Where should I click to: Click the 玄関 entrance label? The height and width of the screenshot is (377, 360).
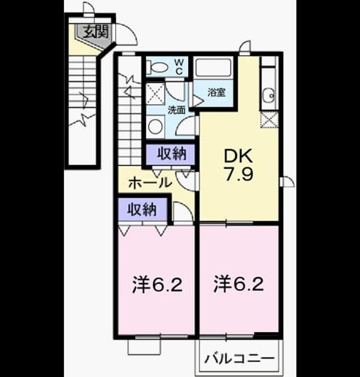click(96, 32)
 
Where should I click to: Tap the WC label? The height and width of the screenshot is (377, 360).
click(179, 66)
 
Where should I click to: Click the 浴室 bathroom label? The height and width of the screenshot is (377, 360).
click(217, 92)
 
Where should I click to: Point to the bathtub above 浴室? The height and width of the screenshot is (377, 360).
click(213, 68)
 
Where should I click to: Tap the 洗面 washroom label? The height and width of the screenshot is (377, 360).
click(176, 110)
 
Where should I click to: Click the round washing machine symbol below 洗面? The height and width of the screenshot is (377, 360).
click(156, 126)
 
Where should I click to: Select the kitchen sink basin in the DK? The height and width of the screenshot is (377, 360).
click(269, 95)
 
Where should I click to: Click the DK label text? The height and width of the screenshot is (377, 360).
click(238, 156)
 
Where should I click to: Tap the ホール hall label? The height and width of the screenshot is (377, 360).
click(150, 183)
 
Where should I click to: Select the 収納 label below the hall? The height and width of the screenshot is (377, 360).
click(142, 209)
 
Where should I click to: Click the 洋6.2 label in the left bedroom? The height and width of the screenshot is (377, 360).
click(157, 284)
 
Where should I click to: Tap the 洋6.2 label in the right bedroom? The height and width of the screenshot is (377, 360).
click(238, 284)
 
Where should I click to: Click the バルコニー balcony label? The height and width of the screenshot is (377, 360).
click(240, 359)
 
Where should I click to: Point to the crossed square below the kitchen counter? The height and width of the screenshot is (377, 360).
click(270, 120)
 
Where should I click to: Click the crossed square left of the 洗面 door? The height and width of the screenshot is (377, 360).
click(156, 94)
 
